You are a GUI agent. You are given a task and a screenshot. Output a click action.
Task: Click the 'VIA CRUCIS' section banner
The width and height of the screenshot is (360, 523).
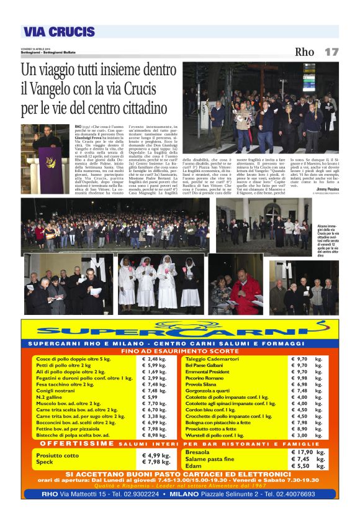coord(59,32)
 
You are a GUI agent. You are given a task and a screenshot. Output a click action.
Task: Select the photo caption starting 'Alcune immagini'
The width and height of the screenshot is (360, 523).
coord(326,239)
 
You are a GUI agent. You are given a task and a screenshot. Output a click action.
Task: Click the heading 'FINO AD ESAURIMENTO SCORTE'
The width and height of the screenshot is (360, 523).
coord(179,351)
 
